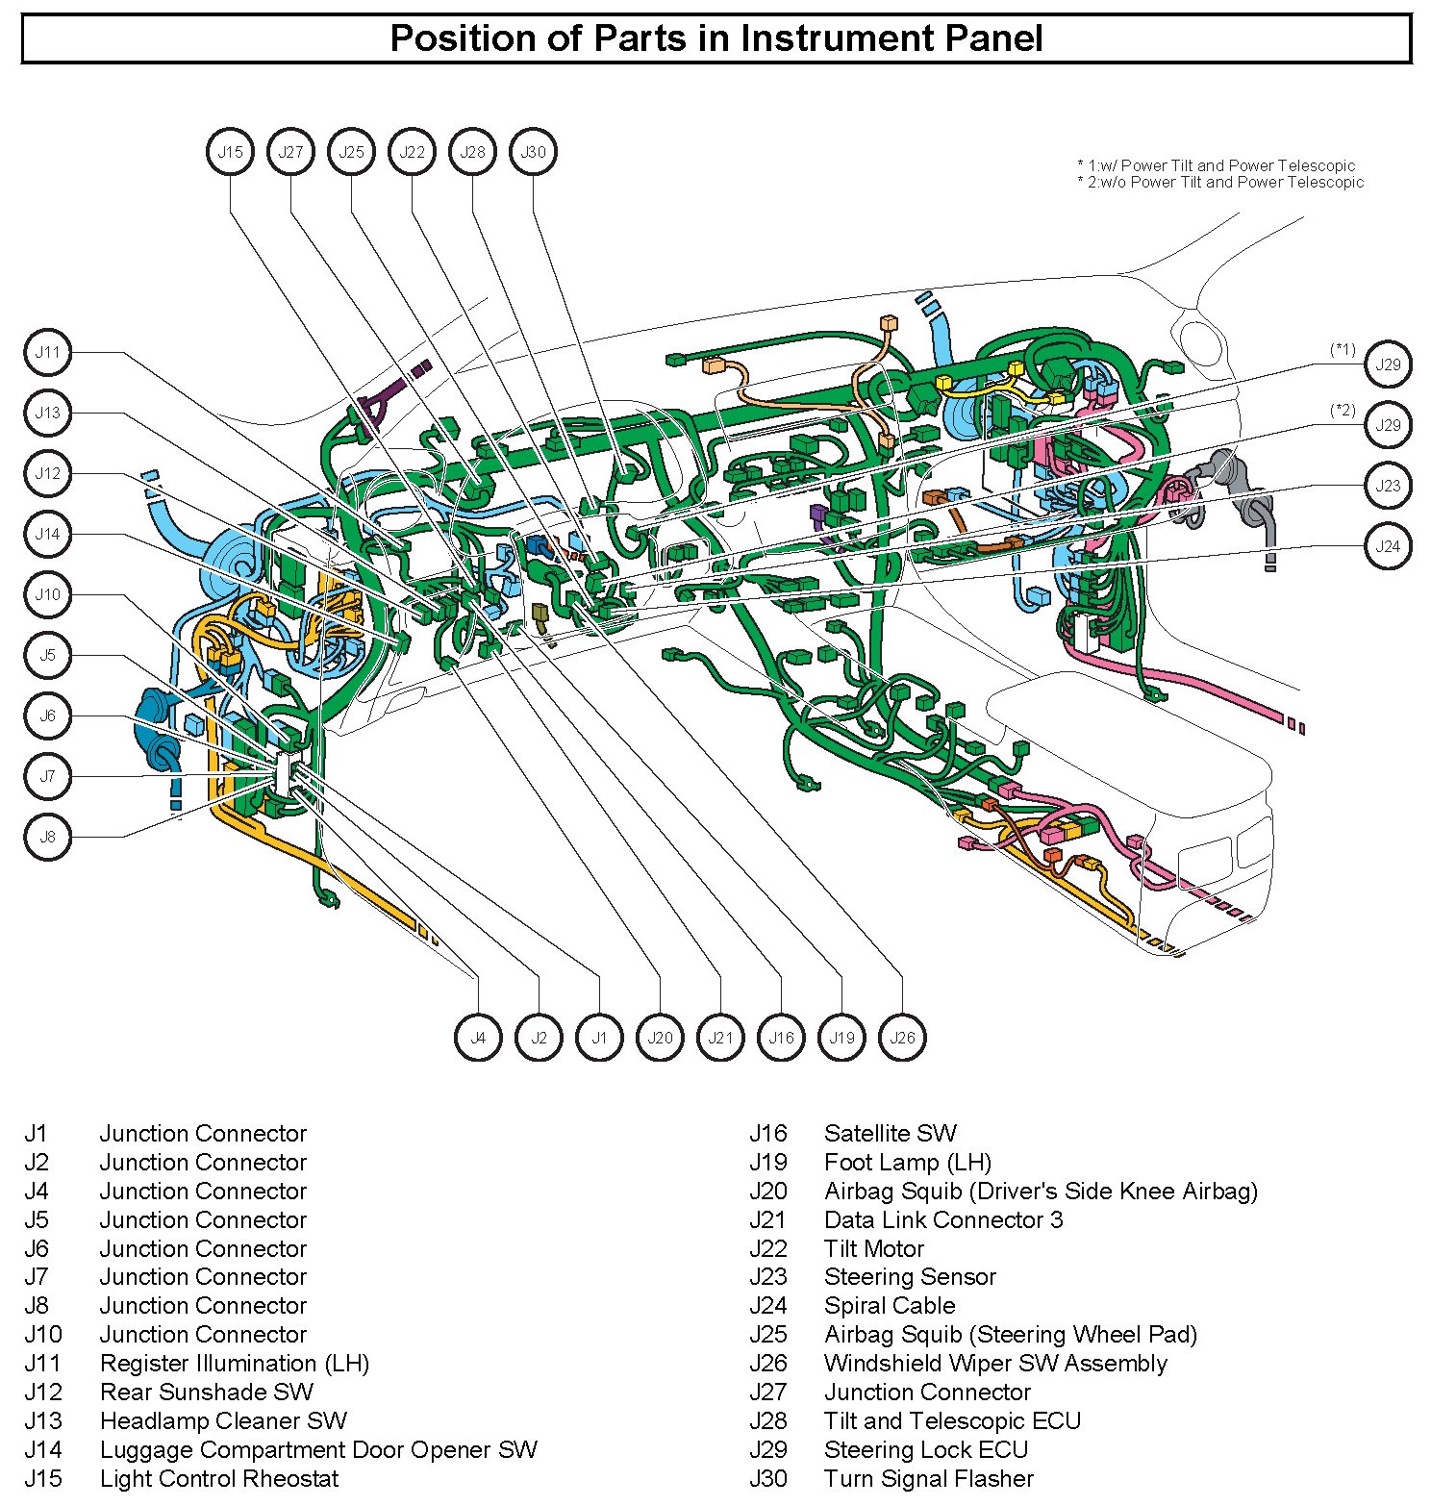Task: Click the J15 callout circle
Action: pyautogui.click(x=230, y=152)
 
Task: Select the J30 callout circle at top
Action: pyautogui.click(x=533, y=152)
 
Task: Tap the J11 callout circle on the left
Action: pyautogui.click(x=47, y=352)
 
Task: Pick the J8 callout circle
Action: pyautogui.click(x=47, y=837)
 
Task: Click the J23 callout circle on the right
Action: pyautogui.click(x=1388, y=486)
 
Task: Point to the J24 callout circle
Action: pyautogui.click(x=1388, y=546)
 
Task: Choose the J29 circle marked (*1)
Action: pyautogui.click(x=1388, y=364)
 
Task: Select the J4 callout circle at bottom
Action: pyautogui.click(x=478, y=1038)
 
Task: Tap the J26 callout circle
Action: pyautogui.click(x=902, y=1038)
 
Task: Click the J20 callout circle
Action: pyautogui.click(x=660, y=1038)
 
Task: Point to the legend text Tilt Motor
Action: pyautogui.click(x=873, y=1248)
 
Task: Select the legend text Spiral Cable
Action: pyautogui.click(x=890, y=1306)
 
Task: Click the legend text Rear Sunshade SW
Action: pyautogui.click(x=207, y=1392)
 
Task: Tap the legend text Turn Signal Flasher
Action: pyautogui.click(x=929, y=1478)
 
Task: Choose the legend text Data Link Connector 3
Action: pyautogui.click(x=943, y=1219)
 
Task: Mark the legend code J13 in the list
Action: pyautogui.click(x=43, y=1420)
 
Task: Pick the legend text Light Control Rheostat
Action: pyautogui.click(x=219, y=1478)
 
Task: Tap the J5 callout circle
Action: pyautogui.click(x=47, y=655)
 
